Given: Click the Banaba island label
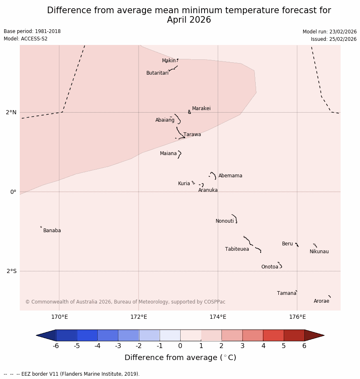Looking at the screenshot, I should pos(52,231).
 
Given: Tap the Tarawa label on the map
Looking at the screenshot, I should pos(192,134).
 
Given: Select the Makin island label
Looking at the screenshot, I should pos(169,61).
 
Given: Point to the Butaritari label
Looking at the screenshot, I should pos(157,73).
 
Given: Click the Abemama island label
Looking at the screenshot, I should pos(230,176).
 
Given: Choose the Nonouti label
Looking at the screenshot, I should pos(224,221).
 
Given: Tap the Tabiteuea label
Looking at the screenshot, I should pos(237,249).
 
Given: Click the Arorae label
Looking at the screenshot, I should pos(321,301).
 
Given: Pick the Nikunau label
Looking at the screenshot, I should pos(319,252).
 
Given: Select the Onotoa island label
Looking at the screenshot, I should pos(270,267).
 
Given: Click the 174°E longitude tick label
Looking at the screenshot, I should pos(218,317).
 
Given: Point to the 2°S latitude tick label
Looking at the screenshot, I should pos(12,271).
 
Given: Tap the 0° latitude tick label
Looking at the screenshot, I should pos(13,192).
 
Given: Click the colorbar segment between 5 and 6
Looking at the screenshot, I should pos(294,335).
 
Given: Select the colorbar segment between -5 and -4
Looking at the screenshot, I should pos(87,335).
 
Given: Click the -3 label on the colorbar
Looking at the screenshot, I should pos(118,346).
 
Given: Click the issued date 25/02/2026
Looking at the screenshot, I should pos(334,39).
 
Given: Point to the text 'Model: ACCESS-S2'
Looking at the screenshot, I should pos(26,39).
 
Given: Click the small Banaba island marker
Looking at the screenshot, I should pos(41,227).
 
